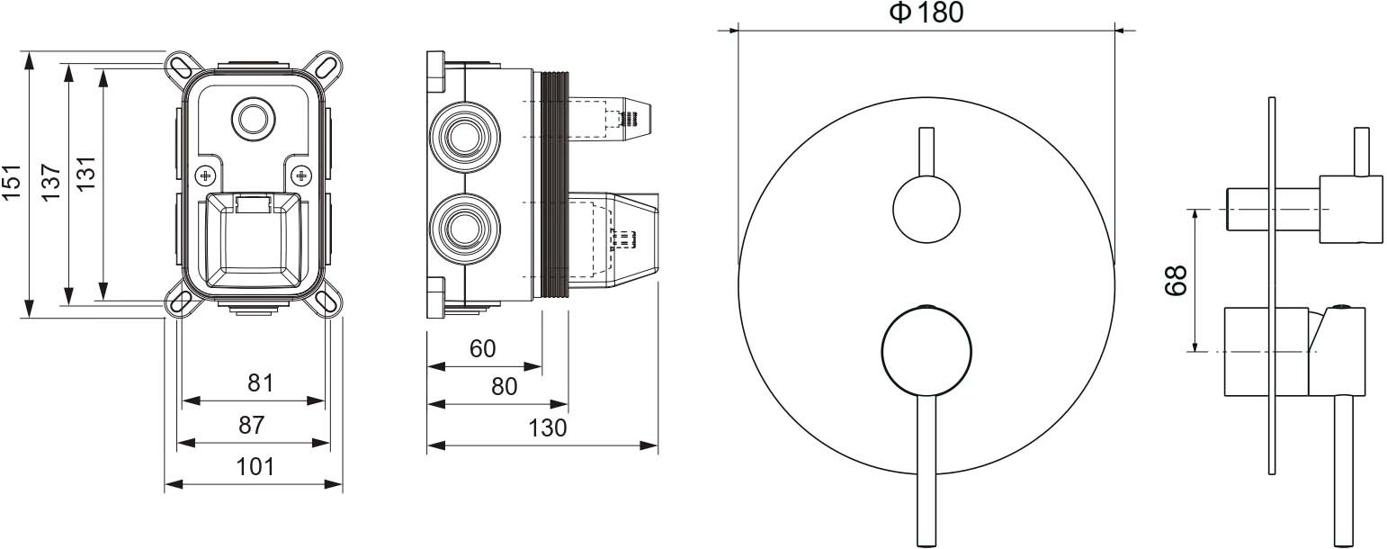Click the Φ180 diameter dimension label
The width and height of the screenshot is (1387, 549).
click(x=926, y=13)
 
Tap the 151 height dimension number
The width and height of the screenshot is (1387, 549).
click(x=12, y=182)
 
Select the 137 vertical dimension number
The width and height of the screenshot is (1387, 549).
click(x=51, y=182)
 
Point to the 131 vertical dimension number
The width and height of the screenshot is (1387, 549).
click(x=86, y=173)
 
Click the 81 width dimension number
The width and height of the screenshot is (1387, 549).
click(x=261, y=382)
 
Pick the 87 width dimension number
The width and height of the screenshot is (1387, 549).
click(x=252, y=425)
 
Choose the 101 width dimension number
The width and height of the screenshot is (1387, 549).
click(x=255, y=466)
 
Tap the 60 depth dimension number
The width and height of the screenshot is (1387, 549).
click(x=482, y=349)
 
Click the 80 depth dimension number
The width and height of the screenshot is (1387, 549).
click(x=504, y=387)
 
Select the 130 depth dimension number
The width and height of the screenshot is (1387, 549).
click(x=548, y=427)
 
